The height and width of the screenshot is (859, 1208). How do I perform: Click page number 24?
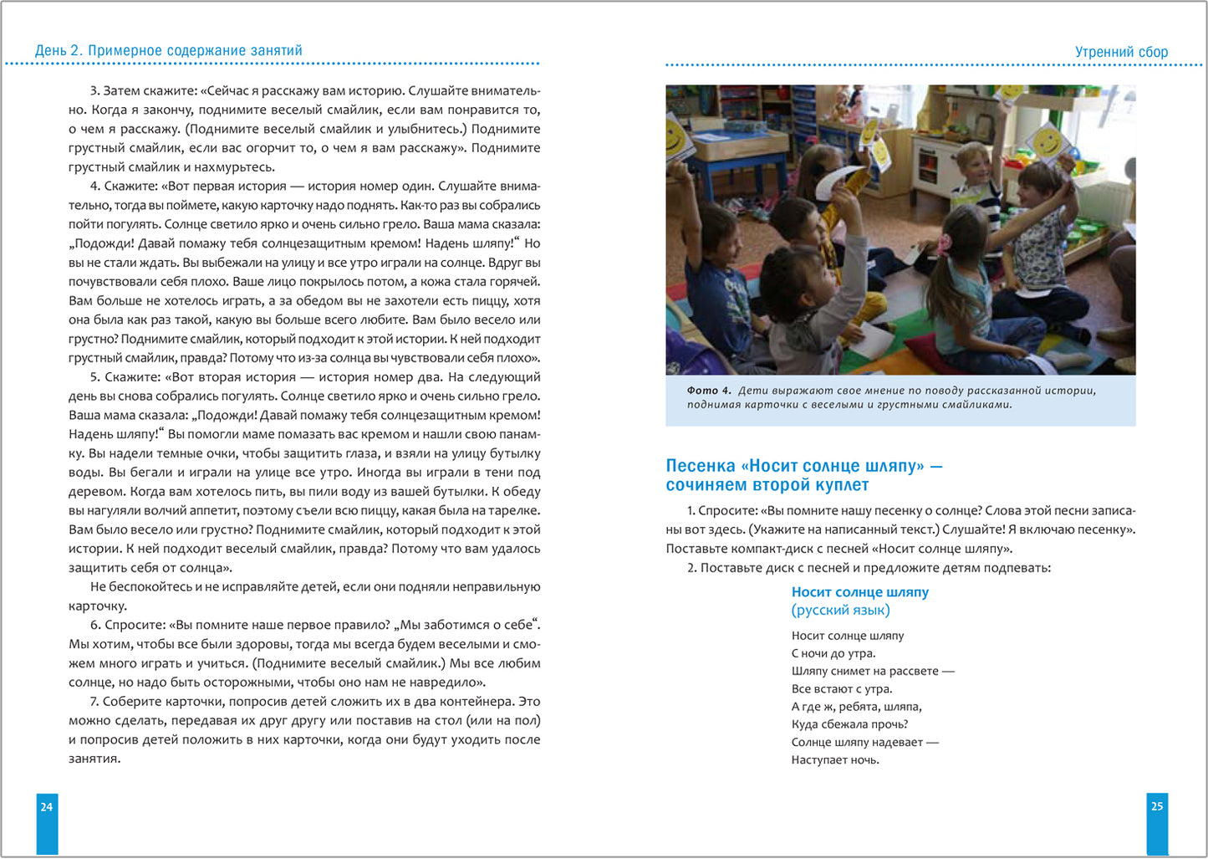47,806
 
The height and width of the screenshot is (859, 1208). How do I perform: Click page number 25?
1157,806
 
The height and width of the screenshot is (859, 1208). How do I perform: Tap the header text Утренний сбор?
1121,52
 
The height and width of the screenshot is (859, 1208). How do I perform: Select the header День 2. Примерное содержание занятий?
169,50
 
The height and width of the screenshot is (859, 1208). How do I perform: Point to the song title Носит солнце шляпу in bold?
859,592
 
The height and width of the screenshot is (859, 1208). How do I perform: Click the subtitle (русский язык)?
840,610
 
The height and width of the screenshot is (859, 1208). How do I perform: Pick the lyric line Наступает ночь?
835,760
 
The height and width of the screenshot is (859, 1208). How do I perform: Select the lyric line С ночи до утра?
833,653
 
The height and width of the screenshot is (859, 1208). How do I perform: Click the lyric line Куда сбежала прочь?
849,724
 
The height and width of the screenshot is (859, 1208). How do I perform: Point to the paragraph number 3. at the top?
94,90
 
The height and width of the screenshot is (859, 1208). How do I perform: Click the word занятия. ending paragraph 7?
94,759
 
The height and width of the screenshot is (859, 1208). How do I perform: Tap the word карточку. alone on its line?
98,606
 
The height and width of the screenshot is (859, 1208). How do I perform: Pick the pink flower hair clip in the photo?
944,243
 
